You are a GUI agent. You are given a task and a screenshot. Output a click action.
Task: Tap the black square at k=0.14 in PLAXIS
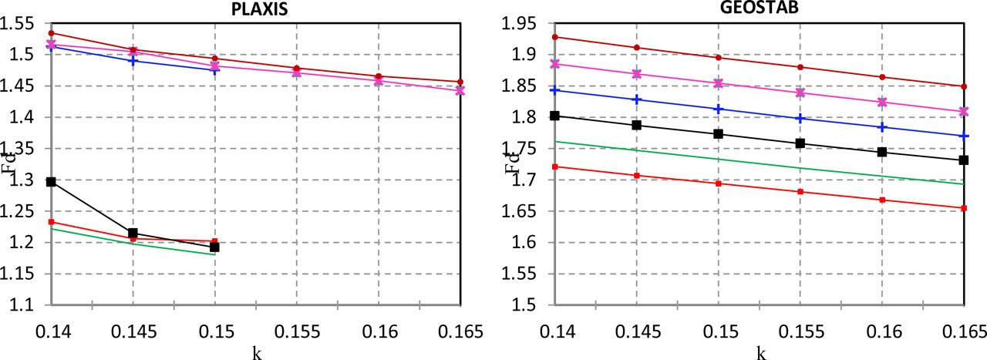[x=52, y=182]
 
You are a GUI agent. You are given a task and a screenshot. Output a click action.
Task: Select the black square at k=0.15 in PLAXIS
[x=214, y=247]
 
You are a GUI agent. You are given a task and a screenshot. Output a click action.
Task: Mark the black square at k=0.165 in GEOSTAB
[x=964, y=160]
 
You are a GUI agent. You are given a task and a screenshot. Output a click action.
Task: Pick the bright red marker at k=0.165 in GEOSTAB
[x=964, y=207]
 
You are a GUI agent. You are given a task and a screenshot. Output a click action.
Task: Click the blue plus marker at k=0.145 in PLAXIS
[x=133, y=60]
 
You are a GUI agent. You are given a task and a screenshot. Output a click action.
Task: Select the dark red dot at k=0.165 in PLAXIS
[x=460, y=82]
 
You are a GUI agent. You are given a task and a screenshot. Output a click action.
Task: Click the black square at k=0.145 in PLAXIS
[x=133, y=233]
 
